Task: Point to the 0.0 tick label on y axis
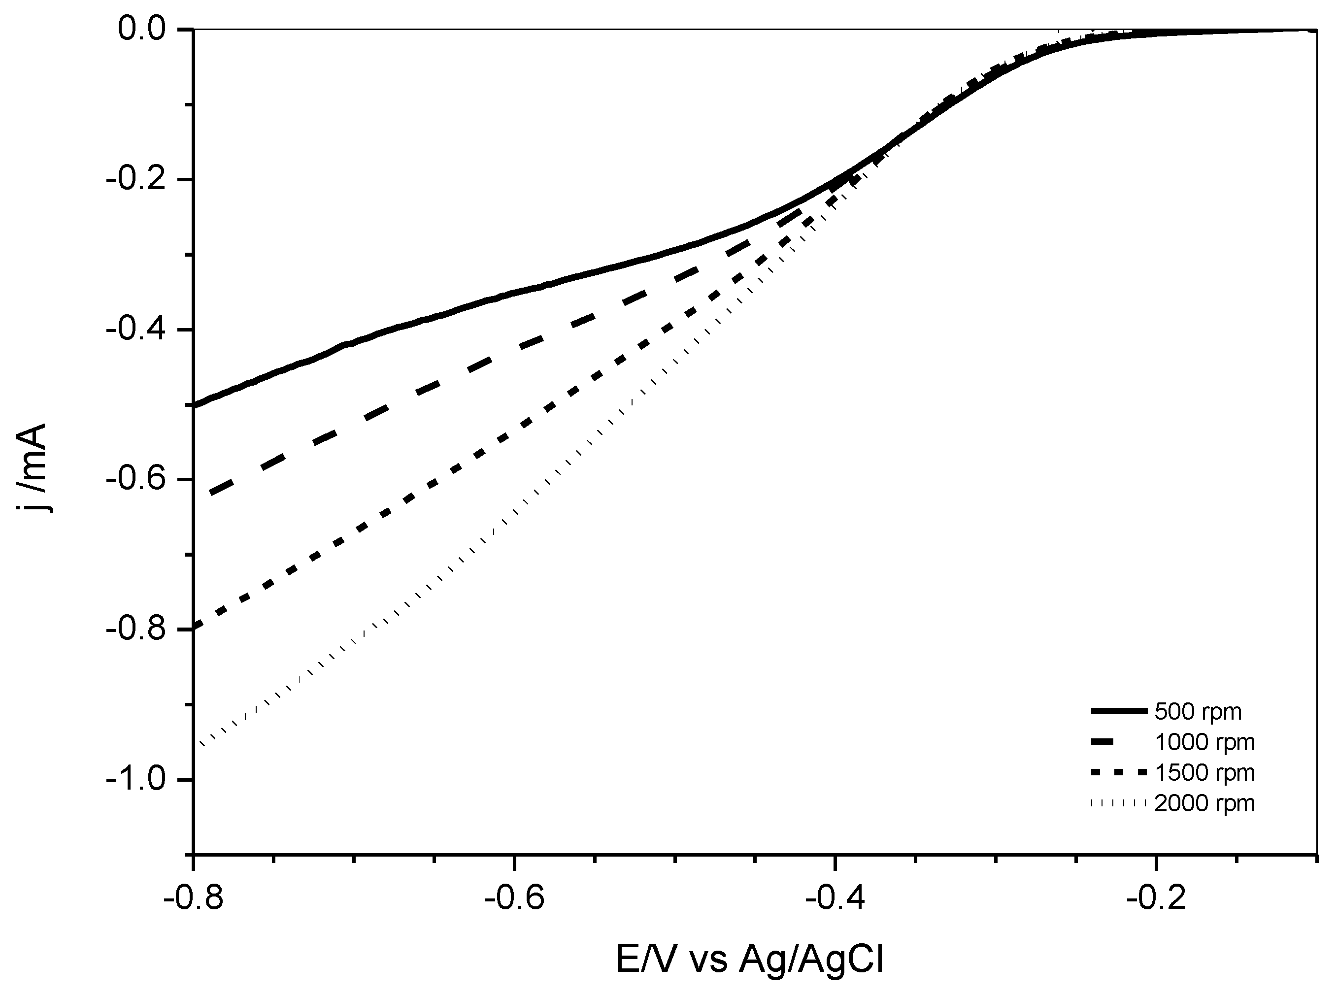[141, 29]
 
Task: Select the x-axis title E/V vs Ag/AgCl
[749, 960]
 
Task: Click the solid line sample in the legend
[1118, 712]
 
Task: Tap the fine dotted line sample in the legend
[1118, 803]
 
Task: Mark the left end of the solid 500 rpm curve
[195, 405]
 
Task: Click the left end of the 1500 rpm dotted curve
[195, 628]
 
